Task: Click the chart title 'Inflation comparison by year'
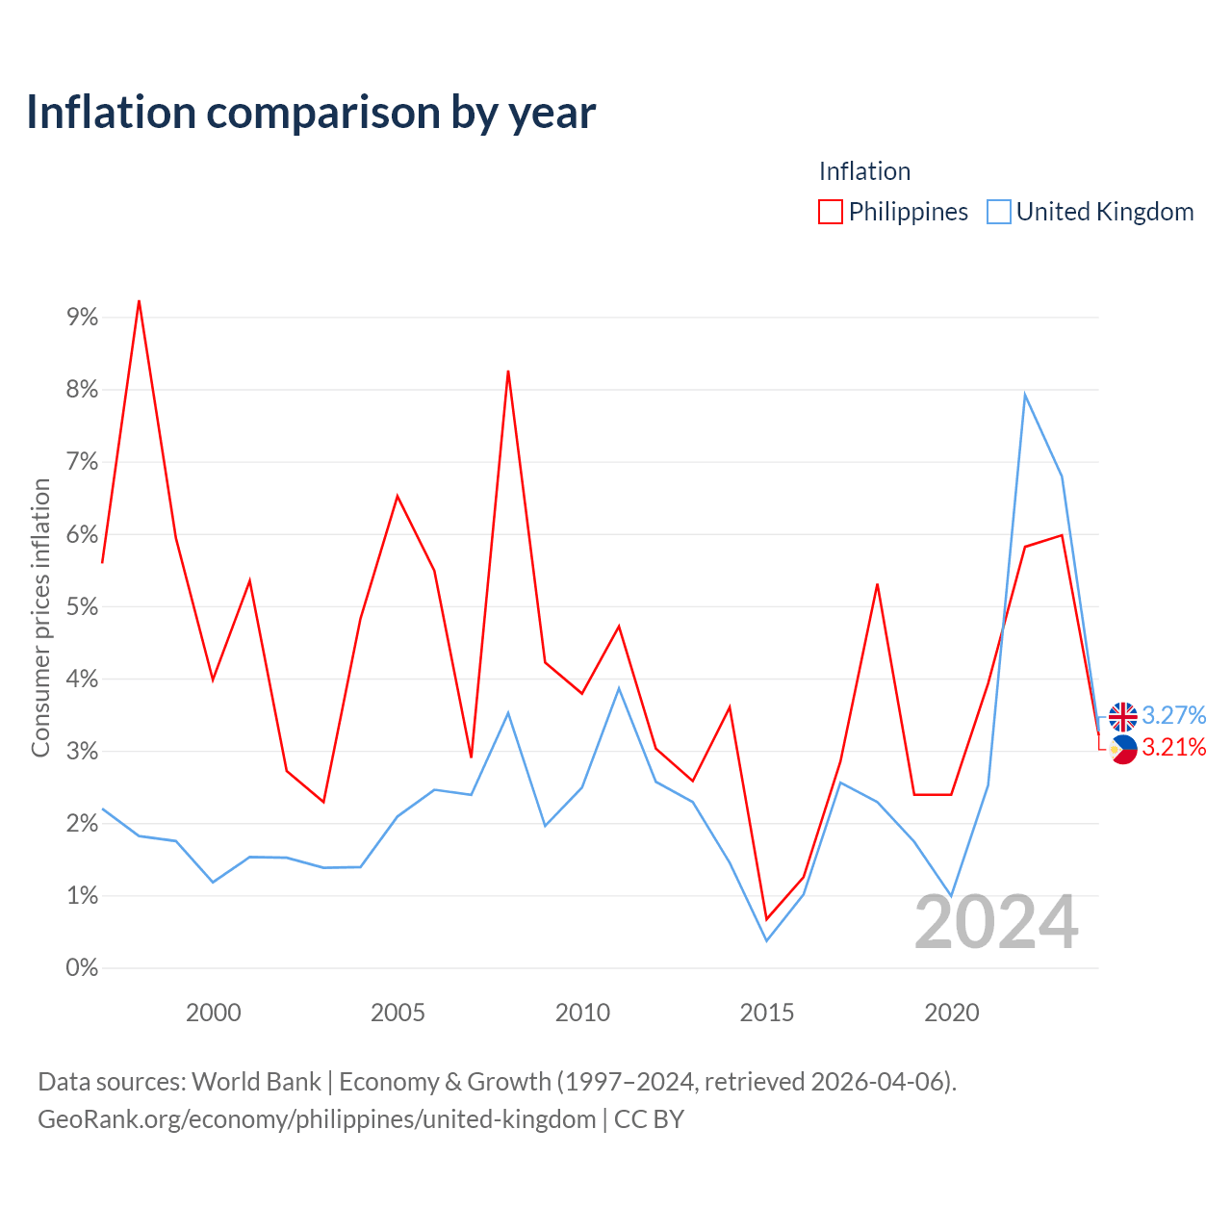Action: coord(311,113)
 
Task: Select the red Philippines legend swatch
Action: coord(830,212)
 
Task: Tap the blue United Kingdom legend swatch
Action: coord(998,212)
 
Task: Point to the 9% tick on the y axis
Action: coord(82,317)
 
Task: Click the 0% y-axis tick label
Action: coord(82,968)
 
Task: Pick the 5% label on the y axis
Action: coord(82,606)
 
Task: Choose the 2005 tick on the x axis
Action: coord(397,1013)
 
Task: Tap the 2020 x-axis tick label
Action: coord(951,1013)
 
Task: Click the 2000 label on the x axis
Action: coord(213,1013)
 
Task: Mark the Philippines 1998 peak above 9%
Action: coord(139,301)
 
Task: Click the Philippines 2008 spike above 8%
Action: coord(507,372)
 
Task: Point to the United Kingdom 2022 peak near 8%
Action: coord(1025,395)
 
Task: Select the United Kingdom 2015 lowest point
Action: coord(766,940)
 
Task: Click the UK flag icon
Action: coord(1122,716)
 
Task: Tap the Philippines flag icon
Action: coord(1122,749)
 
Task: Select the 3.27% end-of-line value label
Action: coord(1173,715)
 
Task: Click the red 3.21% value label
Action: coord(1173,747)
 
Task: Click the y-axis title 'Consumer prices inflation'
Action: coord(40,618)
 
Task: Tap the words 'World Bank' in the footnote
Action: coord(256,1082)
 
